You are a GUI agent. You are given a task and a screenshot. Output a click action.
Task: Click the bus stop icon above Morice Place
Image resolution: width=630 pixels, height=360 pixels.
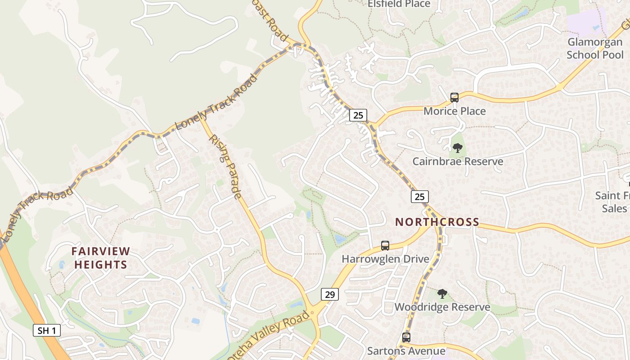tap(454, 97)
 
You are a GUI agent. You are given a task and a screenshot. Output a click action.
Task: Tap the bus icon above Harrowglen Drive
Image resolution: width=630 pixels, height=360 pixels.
tap(385, 245)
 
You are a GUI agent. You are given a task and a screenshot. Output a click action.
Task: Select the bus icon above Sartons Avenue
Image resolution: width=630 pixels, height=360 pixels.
tap(406, 337)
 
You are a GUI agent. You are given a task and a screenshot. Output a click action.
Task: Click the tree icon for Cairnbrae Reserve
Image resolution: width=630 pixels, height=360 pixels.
tap(458, 148)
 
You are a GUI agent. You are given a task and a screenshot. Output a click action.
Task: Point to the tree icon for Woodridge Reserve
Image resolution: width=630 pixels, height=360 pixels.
tap(442, 294)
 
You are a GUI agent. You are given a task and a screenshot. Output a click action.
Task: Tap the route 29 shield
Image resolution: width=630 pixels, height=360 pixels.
tap(330, 294)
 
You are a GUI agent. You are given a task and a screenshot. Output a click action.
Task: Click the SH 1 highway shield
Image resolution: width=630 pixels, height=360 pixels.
tap(47, 330)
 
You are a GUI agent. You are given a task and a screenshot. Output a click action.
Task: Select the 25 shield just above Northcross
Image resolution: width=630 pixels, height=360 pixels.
tap(419, 196)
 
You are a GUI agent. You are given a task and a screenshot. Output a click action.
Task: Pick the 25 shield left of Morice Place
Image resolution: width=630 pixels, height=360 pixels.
tap(358, 115)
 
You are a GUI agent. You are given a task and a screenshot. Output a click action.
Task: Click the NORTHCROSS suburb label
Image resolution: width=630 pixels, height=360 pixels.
tap(437, 222)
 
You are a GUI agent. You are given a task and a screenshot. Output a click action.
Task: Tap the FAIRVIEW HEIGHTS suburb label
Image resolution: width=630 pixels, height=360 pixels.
tap(101, 258)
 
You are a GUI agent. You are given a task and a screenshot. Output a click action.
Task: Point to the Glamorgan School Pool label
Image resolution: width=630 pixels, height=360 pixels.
tap(595, 48)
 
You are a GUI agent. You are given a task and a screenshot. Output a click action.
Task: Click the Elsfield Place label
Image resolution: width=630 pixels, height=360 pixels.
tap(399, 4)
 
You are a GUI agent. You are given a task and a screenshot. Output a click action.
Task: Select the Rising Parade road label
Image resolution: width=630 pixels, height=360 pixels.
tap(225, 166)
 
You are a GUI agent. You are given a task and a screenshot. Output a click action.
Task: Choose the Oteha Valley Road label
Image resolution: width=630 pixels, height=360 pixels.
tap(270, 336)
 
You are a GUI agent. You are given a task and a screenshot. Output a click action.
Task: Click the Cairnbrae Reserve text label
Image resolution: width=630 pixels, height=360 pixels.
tap(458, 161)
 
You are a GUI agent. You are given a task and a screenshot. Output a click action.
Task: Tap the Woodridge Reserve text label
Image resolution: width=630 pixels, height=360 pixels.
tap(442, 307)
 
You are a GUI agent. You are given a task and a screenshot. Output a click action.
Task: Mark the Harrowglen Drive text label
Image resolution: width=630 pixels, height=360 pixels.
tap(385, 259)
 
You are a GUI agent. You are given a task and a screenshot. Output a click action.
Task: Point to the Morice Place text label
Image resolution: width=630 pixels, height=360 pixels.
tap(454, 111)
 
